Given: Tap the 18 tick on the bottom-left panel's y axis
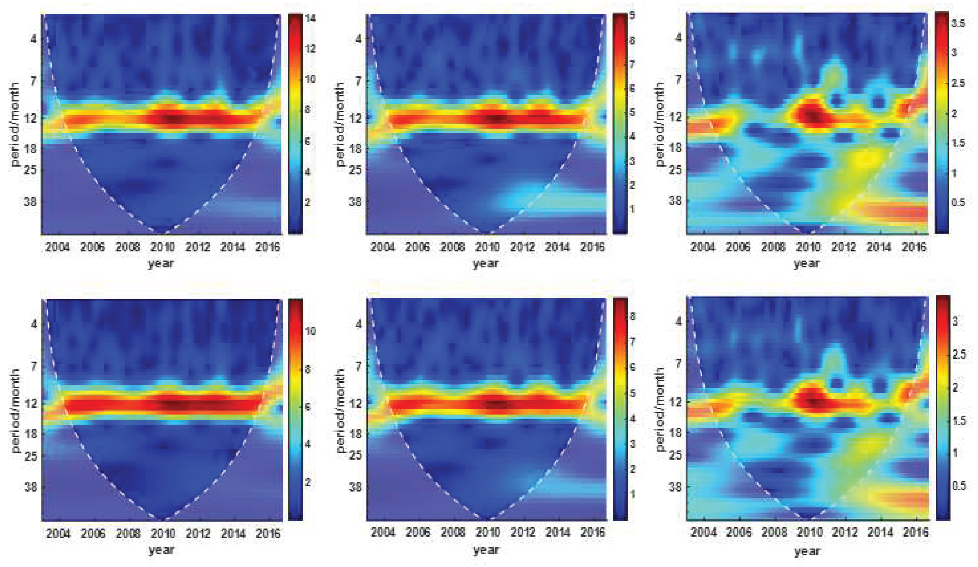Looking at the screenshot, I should pyautogui.click(x=30, y=434).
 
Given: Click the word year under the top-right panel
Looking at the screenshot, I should pyautogui.click(x=806, y=264).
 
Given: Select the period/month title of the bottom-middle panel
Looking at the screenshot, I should pyautogui.click(x=340, y=410).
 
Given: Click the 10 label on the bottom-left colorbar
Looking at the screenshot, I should pyautogui.click(x=310, y=331).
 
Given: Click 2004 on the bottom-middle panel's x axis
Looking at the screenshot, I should pyautogui.click(x=382, y=532).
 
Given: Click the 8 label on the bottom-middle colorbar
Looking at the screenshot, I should pyautogui.click(x=632, y=317).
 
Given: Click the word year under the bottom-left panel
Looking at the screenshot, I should pyautogui.click(x=161, y=549).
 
